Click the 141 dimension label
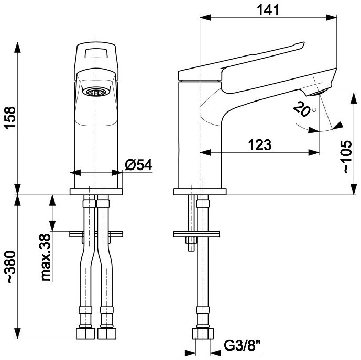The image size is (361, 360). pos(268,10)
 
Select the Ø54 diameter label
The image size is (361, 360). pos(138,165)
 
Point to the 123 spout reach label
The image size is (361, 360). pos(260,145)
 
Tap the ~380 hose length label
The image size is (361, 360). pos(10,267)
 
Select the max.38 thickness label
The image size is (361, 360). pos(46,257)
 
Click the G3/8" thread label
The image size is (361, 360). pos(243,346)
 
